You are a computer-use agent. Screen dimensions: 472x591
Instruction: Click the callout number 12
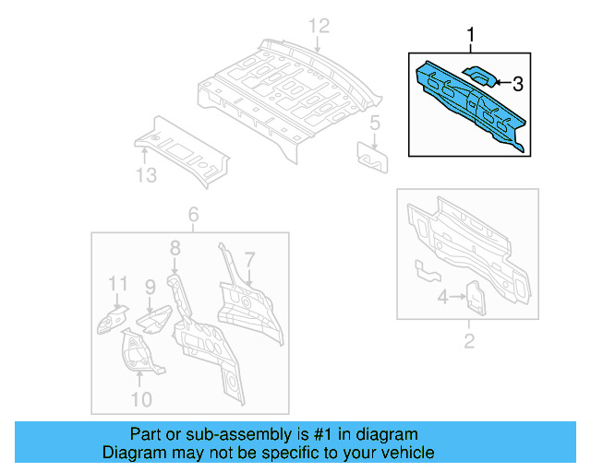(318, 25)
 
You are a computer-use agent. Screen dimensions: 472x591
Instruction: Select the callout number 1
(471, 37)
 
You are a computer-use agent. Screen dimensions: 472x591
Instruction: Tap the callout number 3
(517, 84)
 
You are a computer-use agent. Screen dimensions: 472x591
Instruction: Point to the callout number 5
(375, 124)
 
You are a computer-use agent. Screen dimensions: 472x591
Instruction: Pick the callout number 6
(193, 216)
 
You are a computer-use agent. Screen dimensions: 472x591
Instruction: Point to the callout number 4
(443, 297)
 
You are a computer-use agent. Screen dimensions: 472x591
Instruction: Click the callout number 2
(468, 343)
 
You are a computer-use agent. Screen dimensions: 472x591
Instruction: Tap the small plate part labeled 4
(475, 296)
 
